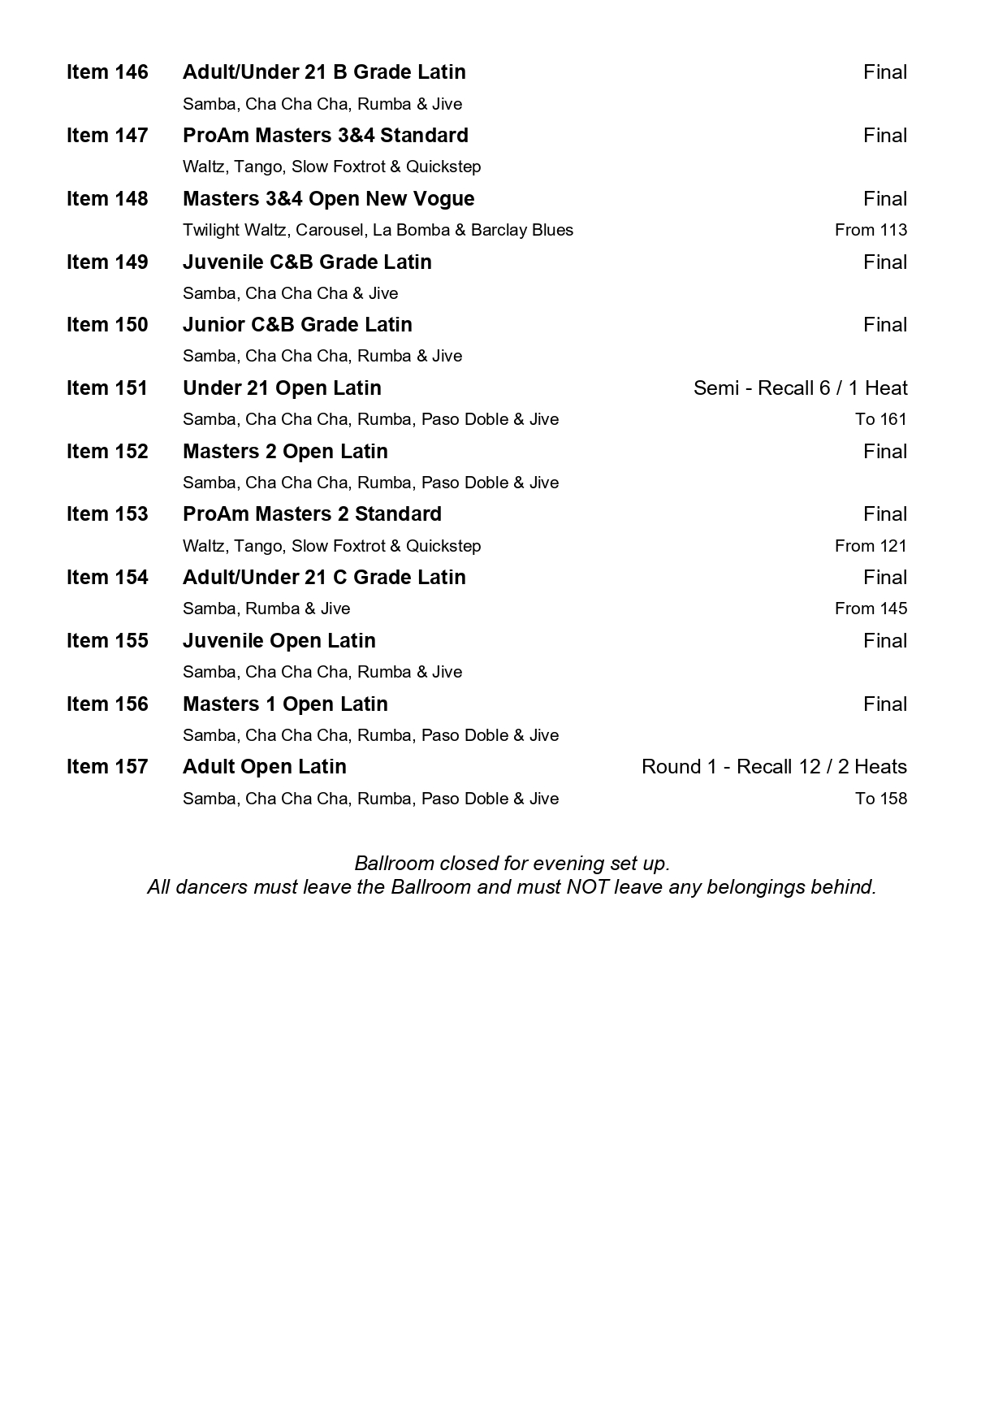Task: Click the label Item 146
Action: pos(107,72)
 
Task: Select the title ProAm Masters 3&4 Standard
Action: pos(326,135)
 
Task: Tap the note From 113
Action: pos(871,230)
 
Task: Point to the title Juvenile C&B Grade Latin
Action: pos(307,262)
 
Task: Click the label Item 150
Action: pos(107,325)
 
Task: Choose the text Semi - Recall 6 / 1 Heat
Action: pos(800,388)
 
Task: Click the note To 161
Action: pos(880,419)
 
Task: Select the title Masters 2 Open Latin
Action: pos(285,451)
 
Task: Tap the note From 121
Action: pos(871,546)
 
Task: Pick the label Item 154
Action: pos(107,578)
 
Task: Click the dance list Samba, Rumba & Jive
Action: pos(266,609)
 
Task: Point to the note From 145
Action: pos(871,609)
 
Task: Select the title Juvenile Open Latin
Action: pos(279,641)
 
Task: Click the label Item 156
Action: pos(107,704)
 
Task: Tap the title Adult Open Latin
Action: pos(265,767)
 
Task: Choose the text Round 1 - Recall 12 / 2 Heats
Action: pos(774,767)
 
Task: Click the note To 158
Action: pos(880,799)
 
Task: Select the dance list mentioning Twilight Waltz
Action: pos(378,230)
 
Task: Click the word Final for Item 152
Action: pos(885,452)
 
